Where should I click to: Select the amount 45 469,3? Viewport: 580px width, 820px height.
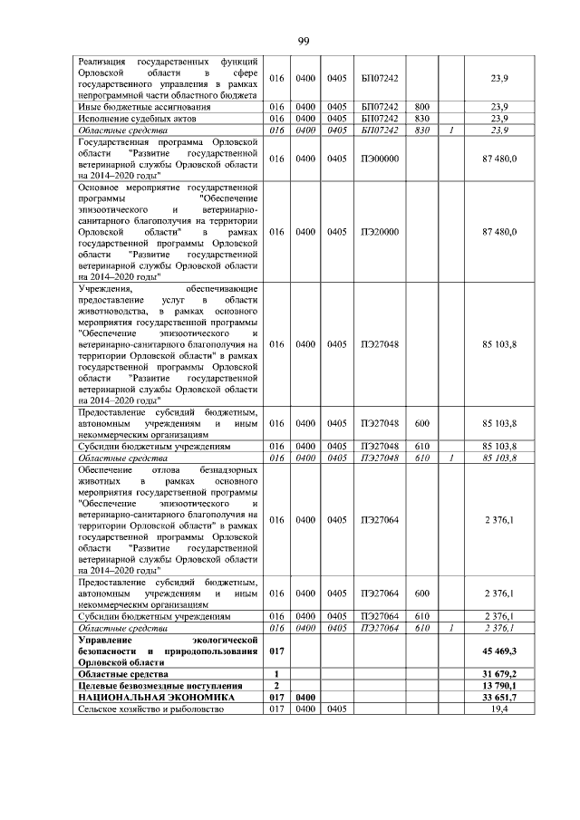(500, 651)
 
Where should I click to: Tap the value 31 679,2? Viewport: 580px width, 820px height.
(500, 674)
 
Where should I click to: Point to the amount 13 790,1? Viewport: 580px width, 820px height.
(500, 686)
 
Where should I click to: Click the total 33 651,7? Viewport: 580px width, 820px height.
(500, 698)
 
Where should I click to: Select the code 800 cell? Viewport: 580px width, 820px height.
(421, 107)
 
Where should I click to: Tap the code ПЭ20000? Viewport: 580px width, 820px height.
(379, 232)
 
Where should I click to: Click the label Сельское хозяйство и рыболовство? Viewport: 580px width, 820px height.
(152, 709)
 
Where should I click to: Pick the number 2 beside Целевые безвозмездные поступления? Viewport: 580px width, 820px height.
(275, 686)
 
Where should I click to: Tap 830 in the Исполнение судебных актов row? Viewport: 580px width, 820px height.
(421, 119)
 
